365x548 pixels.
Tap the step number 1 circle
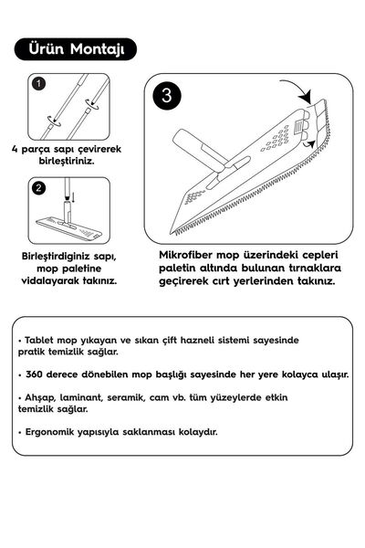click(x=39, y=84)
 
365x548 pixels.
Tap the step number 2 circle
click(x=39, y=189)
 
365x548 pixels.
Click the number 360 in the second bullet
click(x=37, y=374)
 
